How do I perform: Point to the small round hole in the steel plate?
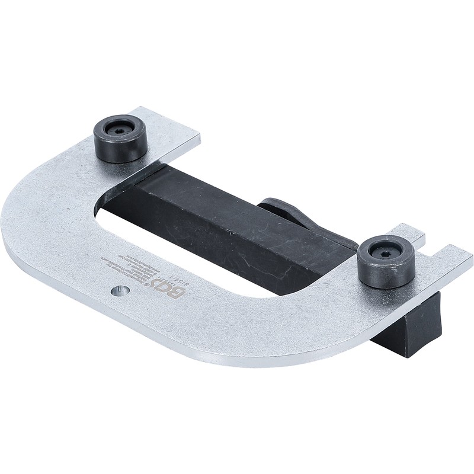121,291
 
